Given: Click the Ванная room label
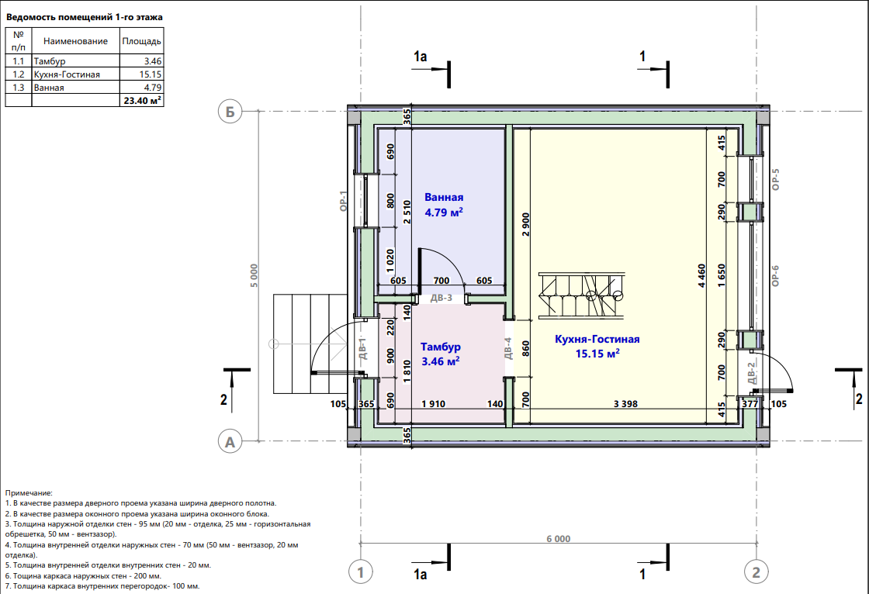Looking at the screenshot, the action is (444, 197).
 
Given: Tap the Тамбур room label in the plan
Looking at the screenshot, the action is (441, 347).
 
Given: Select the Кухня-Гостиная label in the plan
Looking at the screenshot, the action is (597, 339).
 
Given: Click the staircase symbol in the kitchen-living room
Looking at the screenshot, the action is (581, 295).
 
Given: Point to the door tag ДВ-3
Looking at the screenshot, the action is (441, 298).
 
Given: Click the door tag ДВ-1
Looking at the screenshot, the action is (363, 348).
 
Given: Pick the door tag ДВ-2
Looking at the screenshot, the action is (752, 373).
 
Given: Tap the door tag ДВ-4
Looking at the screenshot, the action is (508, 348).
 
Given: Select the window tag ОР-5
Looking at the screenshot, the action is (775, 180).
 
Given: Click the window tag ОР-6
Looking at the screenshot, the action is (775, 275).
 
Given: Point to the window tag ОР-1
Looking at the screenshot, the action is (343, 201).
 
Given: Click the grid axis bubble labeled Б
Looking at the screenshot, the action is (230, 112).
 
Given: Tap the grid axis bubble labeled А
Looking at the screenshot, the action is (230, 441).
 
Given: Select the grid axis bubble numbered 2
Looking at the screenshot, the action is (756, 572).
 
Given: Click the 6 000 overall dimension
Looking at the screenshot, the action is (558, 539).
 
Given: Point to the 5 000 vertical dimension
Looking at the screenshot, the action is (254, 275).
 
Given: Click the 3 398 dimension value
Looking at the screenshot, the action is (625, 404).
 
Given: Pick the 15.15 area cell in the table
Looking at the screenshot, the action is (151, 74).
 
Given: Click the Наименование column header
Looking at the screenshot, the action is (75, 41).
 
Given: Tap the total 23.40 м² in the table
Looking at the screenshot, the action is (143, 100).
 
